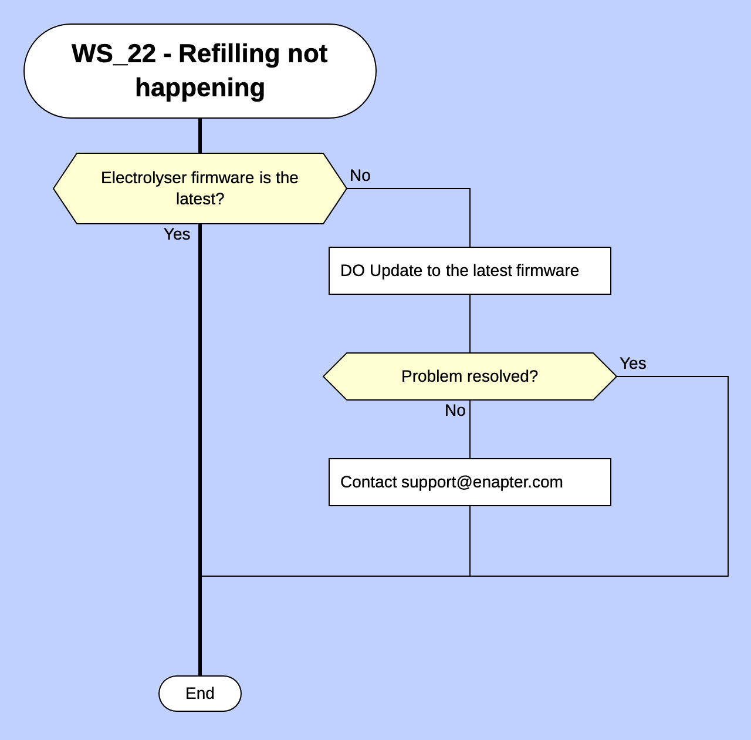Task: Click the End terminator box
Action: (199, 694)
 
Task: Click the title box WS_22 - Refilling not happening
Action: (199, 71)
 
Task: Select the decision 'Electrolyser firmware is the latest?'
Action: (199, 189)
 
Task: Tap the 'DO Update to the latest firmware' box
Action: (469, 271)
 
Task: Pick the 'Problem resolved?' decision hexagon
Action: (469, 376)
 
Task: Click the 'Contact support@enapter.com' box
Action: (469, 482)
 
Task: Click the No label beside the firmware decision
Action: (360, 176)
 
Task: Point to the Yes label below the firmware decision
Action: (177, 234)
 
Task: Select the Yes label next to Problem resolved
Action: (632, 364)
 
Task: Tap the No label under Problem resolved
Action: (455, 411)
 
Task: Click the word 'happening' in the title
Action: (199, 88)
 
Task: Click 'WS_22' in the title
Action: (114, 54)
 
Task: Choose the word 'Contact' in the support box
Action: (368, 482)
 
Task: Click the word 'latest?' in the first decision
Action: (199, 199)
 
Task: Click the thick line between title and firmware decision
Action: (199, 136)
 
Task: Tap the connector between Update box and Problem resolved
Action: (469, 323)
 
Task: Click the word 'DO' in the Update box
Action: (352, 271)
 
